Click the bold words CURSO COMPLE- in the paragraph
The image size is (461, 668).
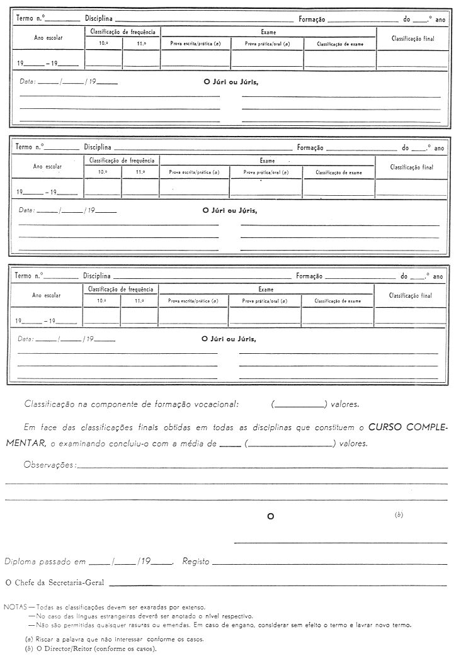click(408, 427)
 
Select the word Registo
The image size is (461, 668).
click(195, 561)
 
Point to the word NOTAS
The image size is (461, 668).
click(14, 608)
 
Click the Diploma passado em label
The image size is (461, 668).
click(45, 561)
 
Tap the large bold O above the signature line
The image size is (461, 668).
click(271, 516)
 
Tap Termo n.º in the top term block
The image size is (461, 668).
click(30, 20)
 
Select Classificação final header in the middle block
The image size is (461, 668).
click(412, 167)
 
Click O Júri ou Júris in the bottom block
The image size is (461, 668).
click(229, 339)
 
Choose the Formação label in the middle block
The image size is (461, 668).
click(310, 148)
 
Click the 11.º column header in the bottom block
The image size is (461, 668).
click(139, 301)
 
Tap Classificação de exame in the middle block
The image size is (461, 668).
click(339, 173)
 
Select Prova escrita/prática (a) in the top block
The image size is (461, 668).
click(195, 44)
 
